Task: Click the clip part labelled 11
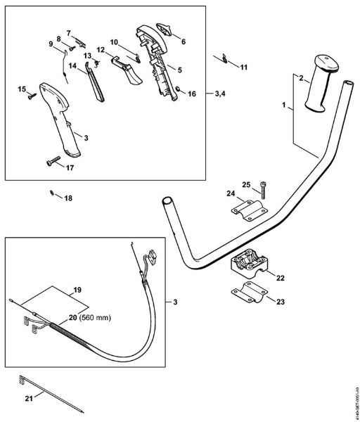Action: point(223,59)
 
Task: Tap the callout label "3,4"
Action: point(219,93)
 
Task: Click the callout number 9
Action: point(51,44)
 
